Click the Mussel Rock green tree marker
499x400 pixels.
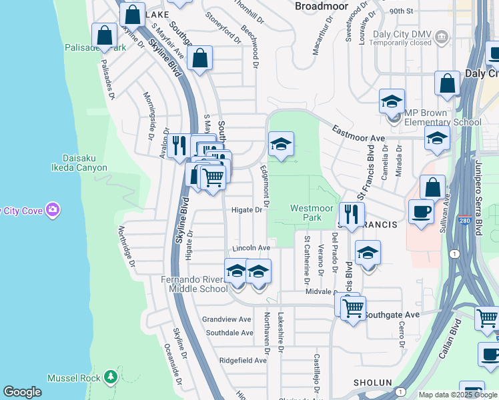(x=111, y=378)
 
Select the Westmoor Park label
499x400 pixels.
(x=311, y=213)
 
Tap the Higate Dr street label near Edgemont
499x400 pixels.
(x=247, y=210)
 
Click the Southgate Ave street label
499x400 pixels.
(x=392, y=315)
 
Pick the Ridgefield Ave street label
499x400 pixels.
(x=243, y=360)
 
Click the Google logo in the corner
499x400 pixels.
(x=22, y=392)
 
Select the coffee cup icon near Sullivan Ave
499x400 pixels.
(x=420, y=211)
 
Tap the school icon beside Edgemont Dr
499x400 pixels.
(x=281, y=144)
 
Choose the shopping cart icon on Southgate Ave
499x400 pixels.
(x=353, y=308)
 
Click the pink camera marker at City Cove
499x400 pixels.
(x=53, y=211)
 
